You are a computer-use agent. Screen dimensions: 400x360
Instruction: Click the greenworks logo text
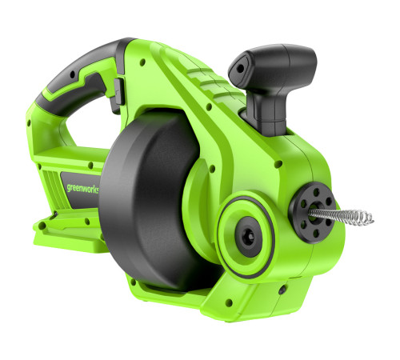[82, 189]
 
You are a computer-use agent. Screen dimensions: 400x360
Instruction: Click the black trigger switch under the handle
[119, 94]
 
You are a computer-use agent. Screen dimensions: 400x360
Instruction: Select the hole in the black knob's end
[240, 69]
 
